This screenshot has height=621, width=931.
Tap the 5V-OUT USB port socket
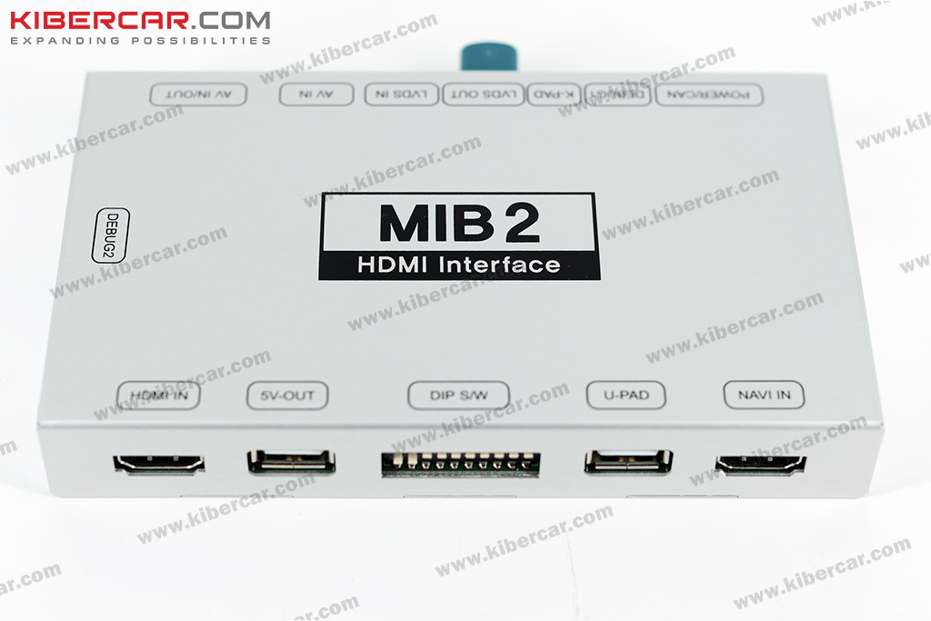pyautogui.click(x=291, y=461)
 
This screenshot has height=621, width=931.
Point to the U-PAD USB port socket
pyautogui.click(x=628, y=461)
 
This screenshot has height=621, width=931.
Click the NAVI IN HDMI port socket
pyautogui.click(x=760, y=464)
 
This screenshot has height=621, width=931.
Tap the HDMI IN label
pyautogui.click(x=158, y=396)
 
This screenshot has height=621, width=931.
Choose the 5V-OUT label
pyautogui.click(x=287, y=396)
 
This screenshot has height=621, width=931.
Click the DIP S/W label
pyautogui.click(x=457, y=396)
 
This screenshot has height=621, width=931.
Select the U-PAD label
pyautogui.click(x=626, y=395)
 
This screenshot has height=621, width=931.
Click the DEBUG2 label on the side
pyautogui.click(x=112, y=236)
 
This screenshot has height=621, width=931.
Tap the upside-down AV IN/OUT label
pyautogui.click(x=197, y=95)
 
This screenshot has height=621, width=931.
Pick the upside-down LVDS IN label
pyautogui.click(x=402, y=95)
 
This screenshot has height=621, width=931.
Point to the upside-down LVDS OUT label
pyautogui.click(x=484, y=95)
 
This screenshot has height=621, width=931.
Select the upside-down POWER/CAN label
pyautogui.click(x=708, y=95)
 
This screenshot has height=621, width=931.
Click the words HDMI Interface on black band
pyautogui.click(x=459, y=265)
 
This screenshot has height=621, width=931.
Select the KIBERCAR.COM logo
pyautogui.click(x=140, y=19)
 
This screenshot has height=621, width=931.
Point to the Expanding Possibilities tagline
pyautogui.click(x=140, y=41)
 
